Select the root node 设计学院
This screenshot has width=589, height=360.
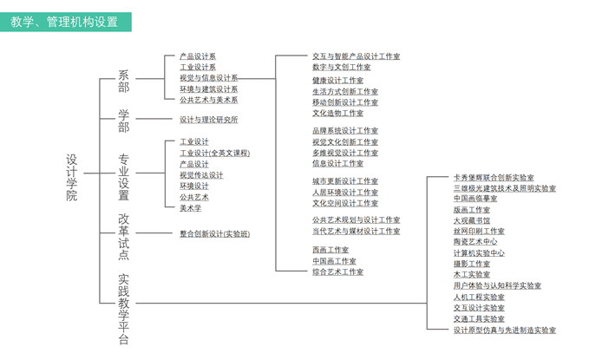click(72, 177)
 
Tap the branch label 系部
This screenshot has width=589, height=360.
click(123, 82)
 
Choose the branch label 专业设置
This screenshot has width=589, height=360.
click(123, 176)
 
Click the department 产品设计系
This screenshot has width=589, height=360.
click(198, 56)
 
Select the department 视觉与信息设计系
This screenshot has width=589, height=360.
click(208, 78)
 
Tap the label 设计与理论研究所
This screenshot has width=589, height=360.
click(208, 120)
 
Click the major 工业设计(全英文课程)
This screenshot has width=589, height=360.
click(214, 153)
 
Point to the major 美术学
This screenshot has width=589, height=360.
click(190, 208)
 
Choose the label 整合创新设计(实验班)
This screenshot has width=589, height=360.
click(214, 233)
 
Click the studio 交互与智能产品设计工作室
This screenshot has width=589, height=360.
click(356, 56)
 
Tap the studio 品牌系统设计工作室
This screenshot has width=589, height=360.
click(344, 131)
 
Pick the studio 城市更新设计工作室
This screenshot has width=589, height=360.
click(344, 181)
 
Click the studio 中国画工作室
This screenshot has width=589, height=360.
click(334, 261)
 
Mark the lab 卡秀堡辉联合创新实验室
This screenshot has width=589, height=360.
click(493, 177)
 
